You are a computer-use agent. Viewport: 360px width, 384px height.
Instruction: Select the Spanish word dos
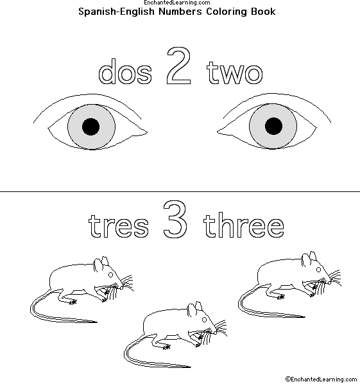pyautogui.click(x=125, y=71)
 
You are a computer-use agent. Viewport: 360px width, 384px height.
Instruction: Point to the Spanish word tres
pyautogui.click(x=119, y=226)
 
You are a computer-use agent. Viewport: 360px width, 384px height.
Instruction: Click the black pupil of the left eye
pyautogui.click(x=90, y=127)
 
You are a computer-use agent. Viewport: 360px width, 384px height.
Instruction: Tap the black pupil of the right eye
pyautogui.click(x=273, y=126)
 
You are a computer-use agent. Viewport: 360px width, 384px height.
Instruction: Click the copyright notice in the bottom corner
pyautogui.click(x=321, y=379)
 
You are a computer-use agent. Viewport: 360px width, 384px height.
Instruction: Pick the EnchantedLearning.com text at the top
pyautogui.click(x=177, y=3)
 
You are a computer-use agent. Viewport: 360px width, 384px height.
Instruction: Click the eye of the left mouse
pyautogui.click(x=110, y=275)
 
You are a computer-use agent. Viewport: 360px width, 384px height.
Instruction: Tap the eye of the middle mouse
pyautogui.click(x=204, y=320)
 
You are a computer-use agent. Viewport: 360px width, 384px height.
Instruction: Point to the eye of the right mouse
pyautogui.click(x=319, y=270)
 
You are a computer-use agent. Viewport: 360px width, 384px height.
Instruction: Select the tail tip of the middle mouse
pyautogui.click(x=191, y=367)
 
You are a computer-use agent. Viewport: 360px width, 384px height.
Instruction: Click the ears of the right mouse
pyautogui.click(x=309, y=259)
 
